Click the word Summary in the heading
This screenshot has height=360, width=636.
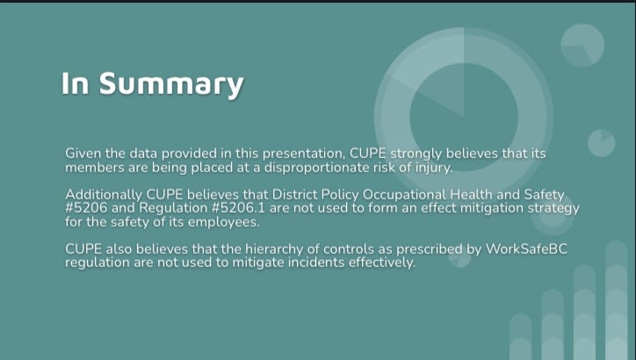[171, 85]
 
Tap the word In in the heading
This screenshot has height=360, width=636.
[75, 83]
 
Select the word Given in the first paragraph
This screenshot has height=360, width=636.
[83, 154]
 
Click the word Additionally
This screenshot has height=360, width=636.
[104, 195]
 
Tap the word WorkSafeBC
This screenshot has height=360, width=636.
[526, 248]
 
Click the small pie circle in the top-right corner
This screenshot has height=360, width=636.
[582, 45]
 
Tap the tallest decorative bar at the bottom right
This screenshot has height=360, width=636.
[616, 300]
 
